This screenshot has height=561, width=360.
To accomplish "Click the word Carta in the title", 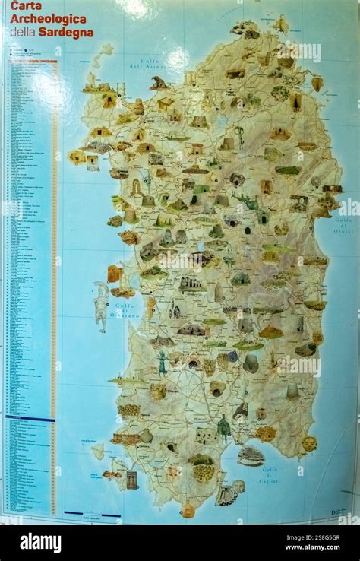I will click(x=26, y=6).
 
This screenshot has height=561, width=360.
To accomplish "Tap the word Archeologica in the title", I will click(x=48, y=19).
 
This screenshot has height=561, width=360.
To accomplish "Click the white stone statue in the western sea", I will click(x=101, y=305).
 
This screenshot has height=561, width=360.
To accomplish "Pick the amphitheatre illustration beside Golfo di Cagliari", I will click(x=250, y=456).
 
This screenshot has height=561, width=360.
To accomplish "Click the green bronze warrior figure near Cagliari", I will click(x=223, y=428).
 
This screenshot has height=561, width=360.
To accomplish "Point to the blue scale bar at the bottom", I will click(x=92, y=515).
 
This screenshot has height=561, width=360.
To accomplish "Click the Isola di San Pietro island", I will click(x=98, y=452).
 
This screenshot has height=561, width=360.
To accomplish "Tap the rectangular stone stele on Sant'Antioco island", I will click(x=131, y=480).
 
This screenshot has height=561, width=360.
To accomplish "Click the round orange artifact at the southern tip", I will click(x=188, y=511).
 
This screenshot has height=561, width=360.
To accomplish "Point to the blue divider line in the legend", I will click(x=30, y=419).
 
